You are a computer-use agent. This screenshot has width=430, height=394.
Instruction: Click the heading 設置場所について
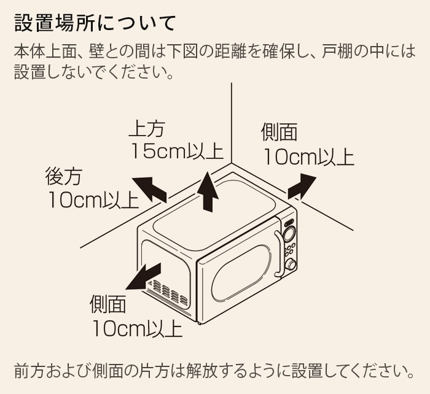point(95,23)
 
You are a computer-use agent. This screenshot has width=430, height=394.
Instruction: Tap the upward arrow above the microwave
point(208,191)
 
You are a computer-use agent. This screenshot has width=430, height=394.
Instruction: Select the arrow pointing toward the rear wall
point(150,190)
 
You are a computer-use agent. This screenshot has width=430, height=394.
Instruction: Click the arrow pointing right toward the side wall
point(302,186)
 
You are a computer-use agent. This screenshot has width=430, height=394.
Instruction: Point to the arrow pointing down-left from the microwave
point(143,276)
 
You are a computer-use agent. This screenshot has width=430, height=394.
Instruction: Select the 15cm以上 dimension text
point(177,151)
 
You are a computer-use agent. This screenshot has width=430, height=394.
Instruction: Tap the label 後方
point(64,177)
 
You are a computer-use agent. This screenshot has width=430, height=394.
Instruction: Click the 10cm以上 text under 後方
point(93,200)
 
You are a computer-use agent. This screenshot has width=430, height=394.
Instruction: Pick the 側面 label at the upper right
point(279,132)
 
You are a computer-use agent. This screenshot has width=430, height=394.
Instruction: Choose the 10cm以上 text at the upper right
point(309,156)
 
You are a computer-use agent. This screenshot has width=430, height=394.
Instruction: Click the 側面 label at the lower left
point(107,304)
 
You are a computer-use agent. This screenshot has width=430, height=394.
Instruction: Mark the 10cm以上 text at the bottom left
point(138,328)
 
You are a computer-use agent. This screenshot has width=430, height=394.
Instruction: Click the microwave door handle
point(278,253)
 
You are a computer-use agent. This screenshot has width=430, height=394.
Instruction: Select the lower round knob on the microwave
point(291,265)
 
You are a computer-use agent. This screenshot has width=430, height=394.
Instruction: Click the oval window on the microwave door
point(241,273)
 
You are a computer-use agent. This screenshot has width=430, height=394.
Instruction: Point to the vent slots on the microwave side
point(168,292)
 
